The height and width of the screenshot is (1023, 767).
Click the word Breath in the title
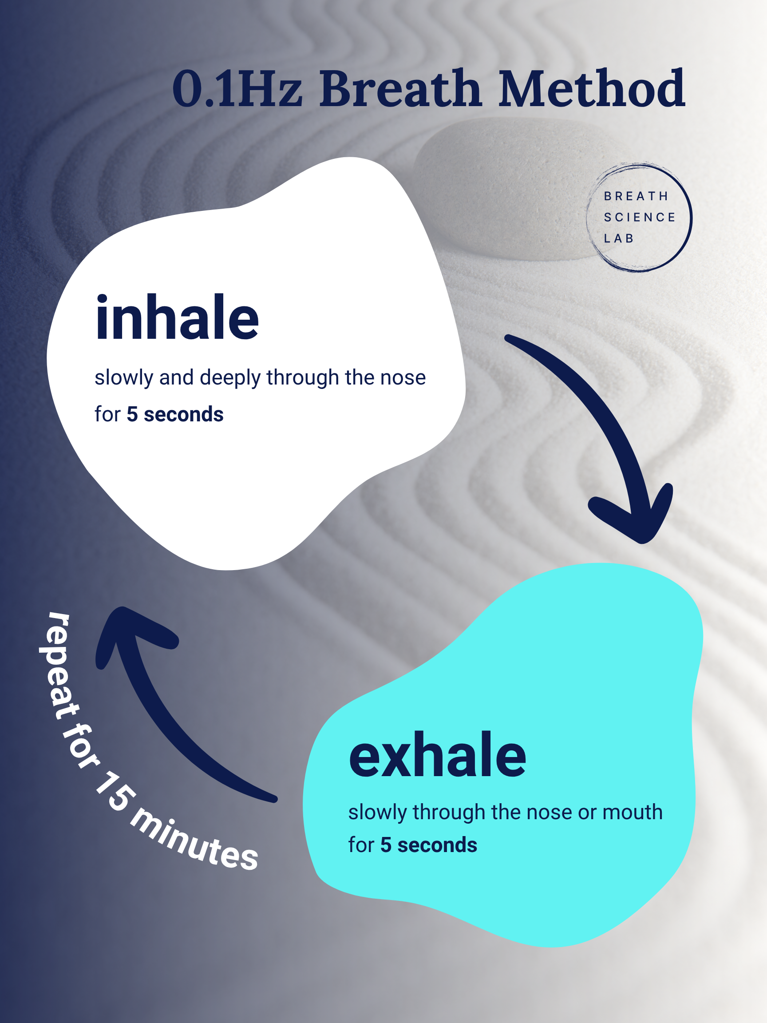400,89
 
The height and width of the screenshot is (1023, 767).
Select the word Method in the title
592,89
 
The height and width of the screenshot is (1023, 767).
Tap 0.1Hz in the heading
237,89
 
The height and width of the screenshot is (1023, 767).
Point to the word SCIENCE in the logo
640,218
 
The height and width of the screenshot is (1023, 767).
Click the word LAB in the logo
619,238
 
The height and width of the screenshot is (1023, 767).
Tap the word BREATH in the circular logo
636,197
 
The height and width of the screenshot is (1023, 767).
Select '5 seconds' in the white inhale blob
175,414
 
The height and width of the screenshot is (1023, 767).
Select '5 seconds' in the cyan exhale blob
429,845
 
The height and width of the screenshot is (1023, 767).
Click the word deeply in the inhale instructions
230,378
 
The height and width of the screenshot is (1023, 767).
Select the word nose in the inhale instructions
403,378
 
